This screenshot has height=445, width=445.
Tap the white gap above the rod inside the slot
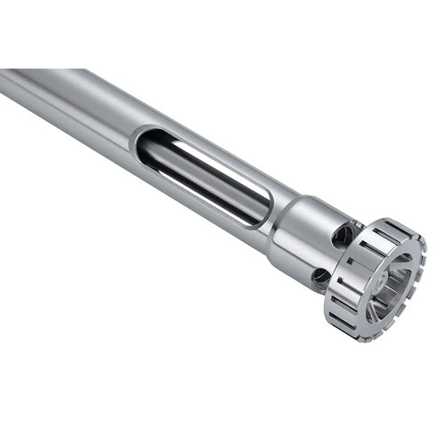coord(214,160)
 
